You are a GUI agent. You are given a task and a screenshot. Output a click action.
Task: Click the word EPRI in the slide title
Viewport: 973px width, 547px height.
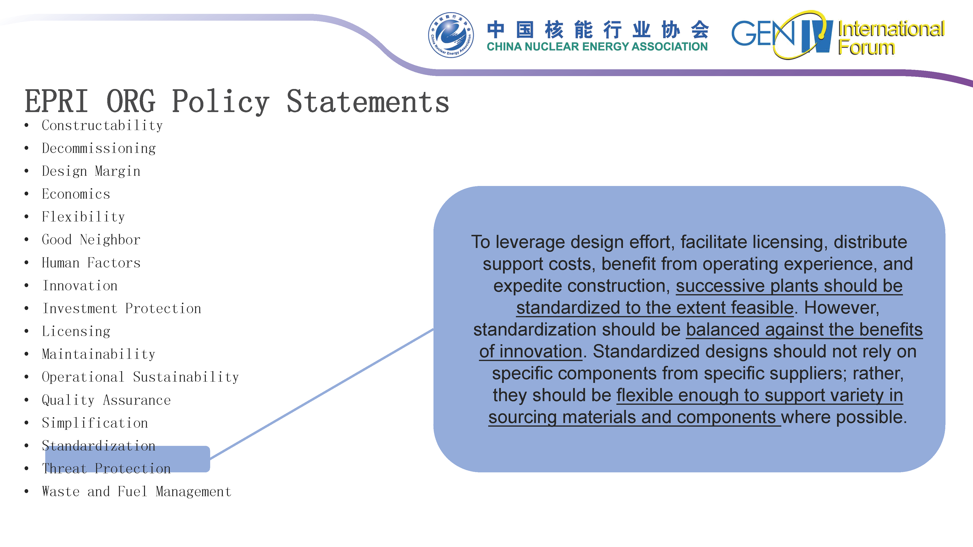click(57, 101)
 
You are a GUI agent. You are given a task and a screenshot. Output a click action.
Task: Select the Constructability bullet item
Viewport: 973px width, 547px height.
click(102, 125)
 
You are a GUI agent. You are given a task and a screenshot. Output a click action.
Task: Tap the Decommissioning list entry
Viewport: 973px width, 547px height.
click(99, 148)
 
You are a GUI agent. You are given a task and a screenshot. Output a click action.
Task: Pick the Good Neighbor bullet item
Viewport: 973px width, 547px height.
click(91, 240)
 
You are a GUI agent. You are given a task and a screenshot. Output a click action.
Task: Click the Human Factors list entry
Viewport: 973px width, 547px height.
click(91, 263)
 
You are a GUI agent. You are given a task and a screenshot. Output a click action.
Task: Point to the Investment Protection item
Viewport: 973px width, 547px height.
click(122, 309)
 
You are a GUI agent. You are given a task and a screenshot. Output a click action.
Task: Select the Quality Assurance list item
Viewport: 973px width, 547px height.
click(106, 400)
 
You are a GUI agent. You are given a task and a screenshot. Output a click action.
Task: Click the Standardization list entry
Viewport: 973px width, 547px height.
click(99, 446)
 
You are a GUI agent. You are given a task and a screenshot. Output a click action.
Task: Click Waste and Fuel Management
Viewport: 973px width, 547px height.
click(137, 492)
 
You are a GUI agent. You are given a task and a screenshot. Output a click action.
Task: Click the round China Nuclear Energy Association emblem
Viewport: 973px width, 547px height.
click(451, 35)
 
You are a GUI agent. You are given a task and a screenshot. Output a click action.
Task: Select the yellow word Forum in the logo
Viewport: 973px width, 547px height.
click(866, 48)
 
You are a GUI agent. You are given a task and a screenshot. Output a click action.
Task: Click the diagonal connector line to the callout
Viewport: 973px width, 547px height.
click(321, 394)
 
